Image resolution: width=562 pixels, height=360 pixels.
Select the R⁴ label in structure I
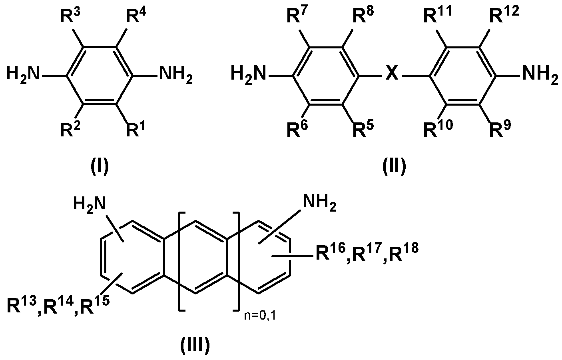click(x=136, y=16)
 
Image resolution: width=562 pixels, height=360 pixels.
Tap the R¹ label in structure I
click(x=136, y=128)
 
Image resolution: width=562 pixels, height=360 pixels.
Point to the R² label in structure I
click(x=70, y=128)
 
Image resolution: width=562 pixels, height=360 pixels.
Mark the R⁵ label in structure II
click(x=363, y=128)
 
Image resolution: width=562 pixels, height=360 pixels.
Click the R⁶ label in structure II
click(x=297, y=128)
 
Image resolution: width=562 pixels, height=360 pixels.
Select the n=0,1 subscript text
click(x=260, y=316)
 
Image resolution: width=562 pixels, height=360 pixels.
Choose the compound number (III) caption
click(x=195, y=346)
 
